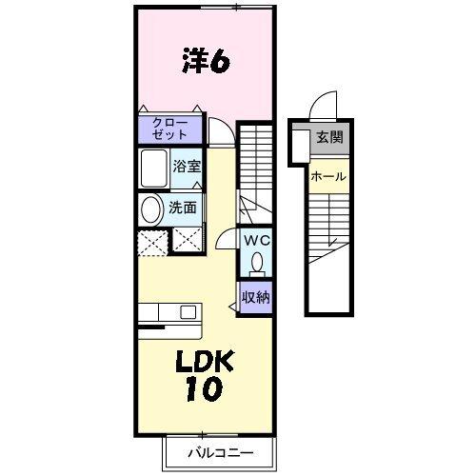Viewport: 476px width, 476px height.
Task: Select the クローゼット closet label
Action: coord(169,129)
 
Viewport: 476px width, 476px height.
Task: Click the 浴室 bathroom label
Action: coord(187,165)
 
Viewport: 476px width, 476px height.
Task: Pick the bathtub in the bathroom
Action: coord(153,169)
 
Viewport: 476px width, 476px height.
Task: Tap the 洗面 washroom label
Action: coord(183,207)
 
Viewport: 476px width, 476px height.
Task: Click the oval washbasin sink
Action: coord(150,209)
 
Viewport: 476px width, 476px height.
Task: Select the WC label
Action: coord(256,241)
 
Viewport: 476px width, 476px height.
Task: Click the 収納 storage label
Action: coord(254,296)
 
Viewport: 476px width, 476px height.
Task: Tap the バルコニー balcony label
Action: coord(220,452)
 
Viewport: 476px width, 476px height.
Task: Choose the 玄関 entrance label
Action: coord(330,137)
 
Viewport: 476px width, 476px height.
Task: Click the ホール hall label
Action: coord(327,176)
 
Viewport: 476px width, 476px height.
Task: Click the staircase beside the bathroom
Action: coord(253,171)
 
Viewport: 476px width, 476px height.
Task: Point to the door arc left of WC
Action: coord(225,241)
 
